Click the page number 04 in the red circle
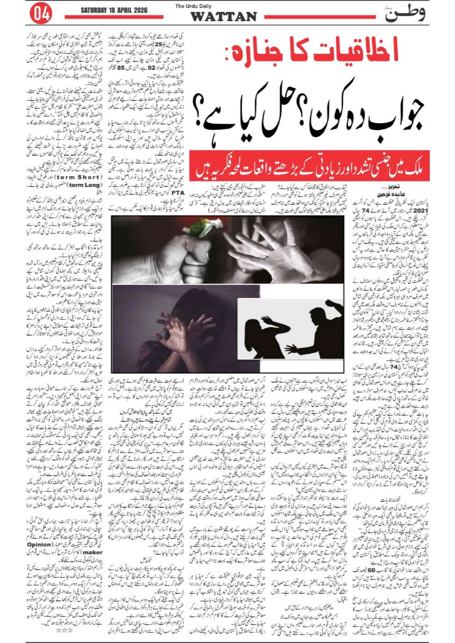coord(40,14)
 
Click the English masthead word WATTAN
coord(223,17)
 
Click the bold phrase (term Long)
coord(83,185)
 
